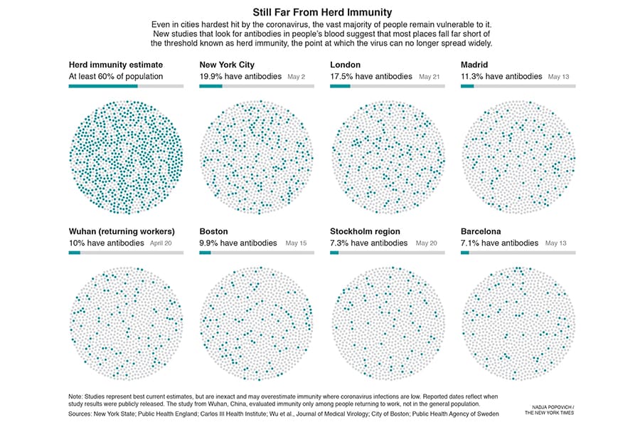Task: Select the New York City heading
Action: [227, 65]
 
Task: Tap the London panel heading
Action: [346, 65]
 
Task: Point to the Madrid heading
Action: [474, 65]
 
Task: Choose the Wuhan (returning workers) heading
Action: [122, 231]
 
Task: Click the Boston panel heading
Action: [214, 231]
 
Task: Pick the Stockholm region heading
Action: [365, 231]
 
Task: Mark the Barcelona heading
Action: [481, 231]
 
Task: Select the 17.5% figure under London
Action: [343, 76]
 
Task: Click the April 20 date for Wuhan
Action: [161, 243]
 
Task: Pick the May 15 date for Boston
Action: [296, 243]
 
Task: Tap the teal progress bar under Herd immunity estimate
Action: [103, 86]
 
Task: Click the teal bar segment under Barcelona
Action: [465, 253]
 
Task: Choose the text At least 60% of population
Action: [116, 76]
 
